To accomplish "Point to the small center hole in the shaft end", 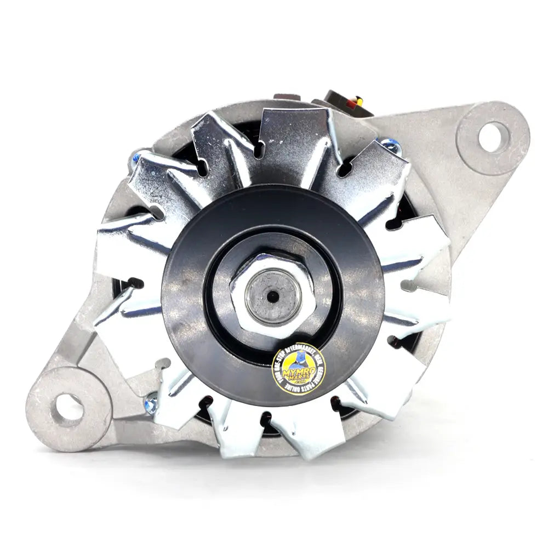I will click(x=272, y=296).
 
